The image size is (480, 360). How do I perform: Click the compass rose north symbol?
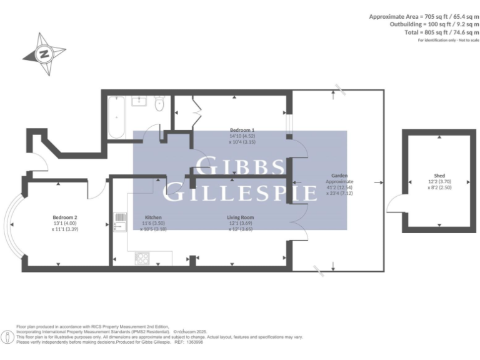(44, 53)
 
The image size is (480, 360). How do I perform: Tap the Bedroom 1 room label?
(242, 130)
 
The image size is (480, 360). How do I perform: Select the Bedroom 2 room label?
(64, 217)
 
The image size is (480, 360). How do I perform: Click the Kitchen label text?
(153, 217)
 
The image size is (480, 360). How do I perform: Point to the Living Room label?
(240, 217)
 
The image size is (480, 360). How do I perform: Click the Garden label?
(340, 176)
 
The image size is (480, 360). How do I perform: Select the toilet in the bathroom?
(159, 104)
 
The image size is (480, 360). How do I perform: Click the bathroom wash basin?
(141, 99)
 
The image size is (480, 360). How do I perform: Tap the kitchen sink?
(120, 222)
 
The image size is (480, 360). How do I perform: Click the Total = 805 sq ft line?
(437, 33)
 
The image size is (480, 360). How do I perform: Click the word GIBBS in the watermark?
(240, 167)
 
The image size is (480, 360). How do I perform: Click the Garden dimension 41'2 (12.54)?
(340, 187)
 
